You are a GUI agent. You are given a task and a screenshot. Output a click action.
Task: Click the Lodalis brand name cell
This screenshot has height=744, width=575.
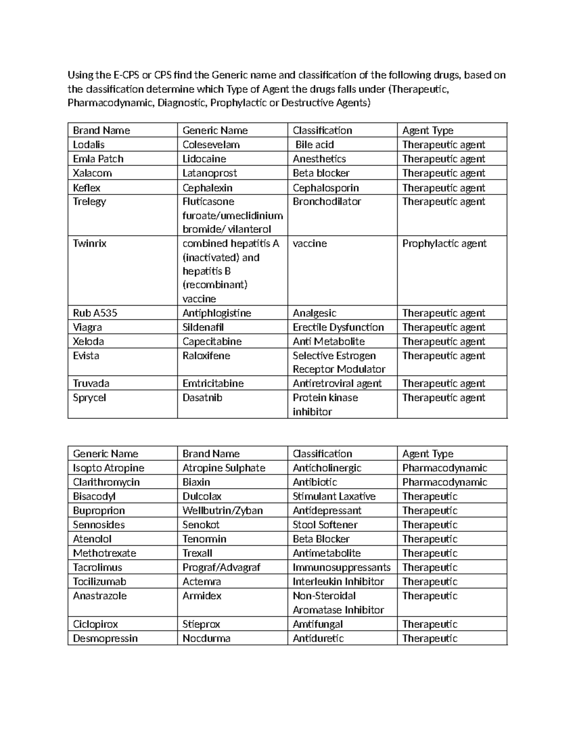pos(89,145)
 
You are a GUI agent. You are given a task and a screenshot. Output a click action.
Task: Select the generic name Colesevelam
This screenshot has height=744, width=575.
pos(211,145)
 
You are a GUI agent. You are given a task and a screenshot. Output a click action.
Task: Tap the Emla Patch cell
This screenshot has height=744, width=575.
pos(98,159)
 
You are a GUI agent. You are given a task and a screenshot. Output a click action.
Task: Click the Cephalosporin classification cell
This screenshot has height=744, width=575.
pos(325,188)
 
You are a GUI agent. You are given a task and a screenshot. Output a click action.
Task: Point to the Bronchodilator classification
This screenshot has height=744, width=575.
pos(327,202)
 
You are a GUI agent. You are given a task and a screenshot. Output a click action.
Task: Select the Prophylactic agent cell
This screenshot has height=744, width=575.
pos(444,243)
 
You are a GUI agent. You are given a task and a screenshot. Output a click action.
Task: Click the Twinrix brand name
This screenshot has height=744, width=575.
pos(90,243)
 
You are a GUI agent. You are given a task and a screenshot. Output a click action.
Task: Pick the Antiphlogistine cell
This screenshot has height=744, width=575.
pos(217,313)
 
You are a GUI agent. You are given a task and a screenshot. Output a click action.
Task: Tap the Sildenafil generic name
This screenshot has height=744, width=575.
pos(203,328)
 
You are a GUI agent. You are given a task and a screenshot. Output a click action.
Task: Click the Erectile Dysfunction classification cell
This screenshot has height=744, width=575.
pos(338,328)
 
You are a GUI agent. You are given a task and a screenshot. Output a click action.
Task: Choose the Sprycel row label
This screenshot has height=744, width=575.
pos(90,398)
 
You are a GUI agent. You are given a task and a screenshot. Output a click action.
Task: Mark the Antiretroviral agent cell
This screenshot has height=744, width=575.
pos(337,384)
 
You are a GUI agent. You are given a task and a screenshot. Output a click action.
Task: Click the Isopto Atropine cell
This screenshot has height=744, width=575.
pos(108,468)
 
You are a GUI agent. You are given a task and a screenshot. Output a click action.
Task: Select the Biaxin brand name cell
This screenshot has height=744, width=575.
pos(196,482)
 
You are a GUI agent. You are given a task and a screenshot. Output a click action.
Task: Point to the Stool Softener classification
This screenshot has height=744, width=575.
pos(325,525)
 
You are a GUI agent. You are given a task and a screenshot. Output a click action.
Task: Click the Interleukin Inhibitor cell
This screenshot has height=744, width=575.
pos(338,582)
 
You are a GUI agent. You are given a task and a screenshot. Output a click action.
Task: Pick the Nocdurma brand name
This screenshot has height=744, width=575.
pos(207,639)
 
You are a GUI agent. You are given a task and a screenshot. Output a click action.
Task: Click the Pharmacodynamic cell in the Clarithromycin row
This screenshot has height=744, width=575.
pos(444,482)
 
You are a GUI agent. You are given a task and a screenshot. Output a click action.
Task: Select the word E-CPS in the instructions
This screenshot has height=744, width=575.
pos(126,75)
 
